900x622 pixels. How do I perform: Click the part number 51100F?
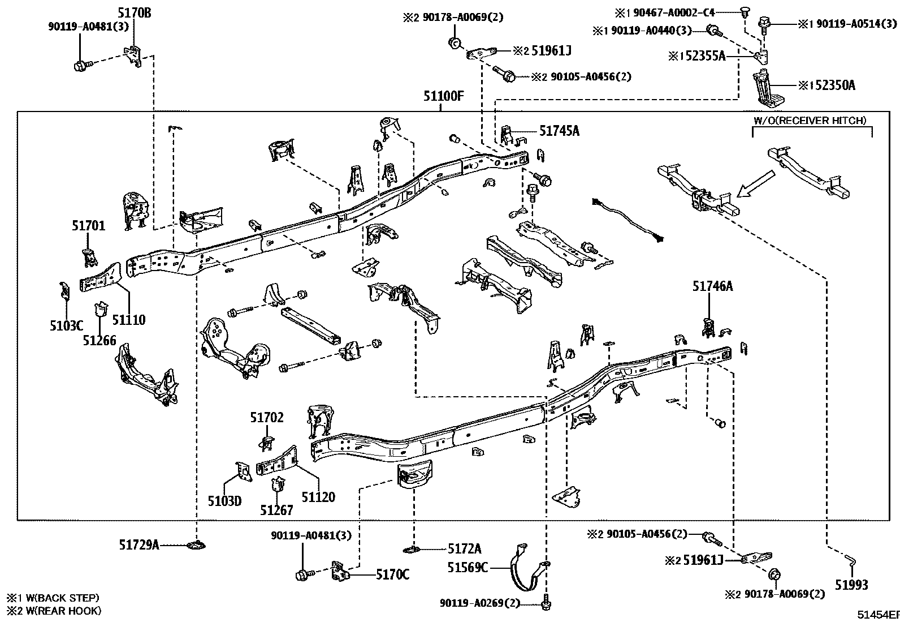[444, 96]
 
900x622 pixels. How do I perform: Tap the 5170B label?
[135, 11]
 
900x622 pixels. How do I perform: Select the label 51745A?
[559, 131]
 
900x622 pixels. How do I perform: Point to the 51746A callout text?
[712, 286]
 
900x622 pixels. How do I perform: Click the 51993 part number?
[851, 585]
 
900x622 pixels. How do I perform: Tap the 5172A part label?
[465, 548]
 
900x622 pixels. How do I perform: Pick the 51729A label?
[139, 544]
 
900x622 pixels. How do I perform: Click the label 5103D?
[224, 501]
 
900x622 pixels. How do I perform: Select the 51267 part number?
[276, 510]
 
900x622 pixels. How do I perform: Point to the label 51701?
[88, 226]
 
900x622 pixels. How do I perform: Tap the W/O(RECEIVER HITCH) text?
[810, 121]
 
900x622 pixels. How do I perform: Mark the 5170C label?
[393, 574]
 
